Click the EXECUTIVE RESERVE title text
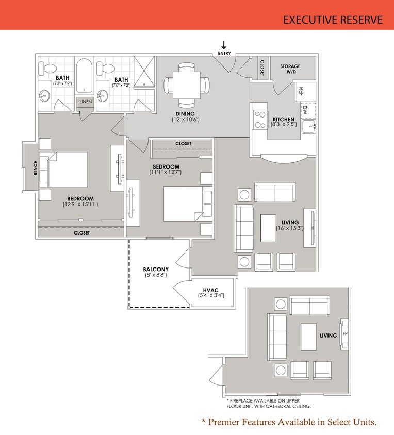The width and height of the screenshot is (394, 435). coord(333,20)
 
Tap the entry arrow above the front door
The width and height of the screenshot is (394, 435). coord(224,45)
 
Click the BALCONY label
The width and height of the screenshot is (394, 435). coord(155,269)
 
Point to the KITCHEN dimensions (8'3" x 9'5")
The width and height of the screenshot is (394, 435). coord(284,124)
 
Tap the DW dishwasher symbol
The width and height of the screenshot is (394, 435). coord(305,110)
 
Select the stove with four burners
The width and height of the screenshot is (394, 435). coord(259,120)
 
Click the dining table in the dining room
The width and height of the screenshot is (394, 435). coord(186,83)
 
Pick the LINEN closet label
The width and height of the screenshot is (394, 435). coord(86,102)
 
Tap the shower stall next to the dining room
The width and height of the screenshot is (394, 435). coord(144,71)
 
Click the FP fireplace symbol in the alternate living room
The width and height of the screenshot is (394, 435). coord(345,333)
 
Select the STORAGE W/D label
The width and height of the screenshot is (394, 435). coord(290,70)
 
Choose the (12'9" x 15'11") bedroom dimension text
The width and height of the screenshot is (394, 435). coord(80,205)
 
